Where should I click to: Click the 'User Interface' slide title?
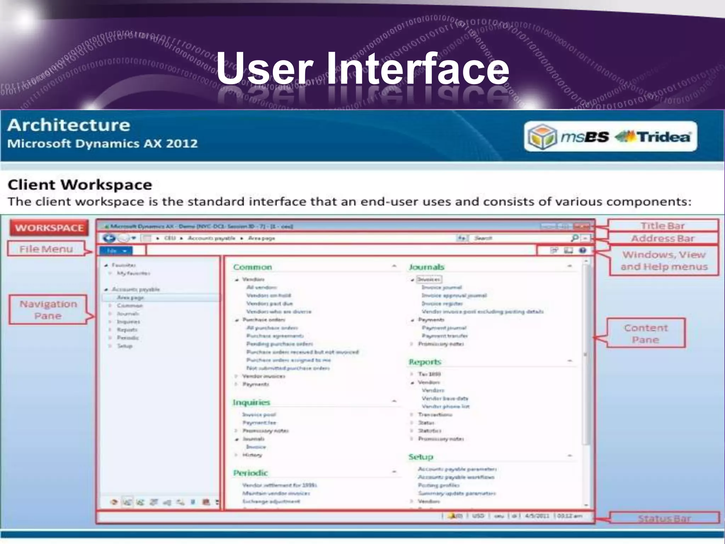pos(362,68)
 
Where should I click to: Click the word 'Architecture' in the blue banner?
pos(69,125)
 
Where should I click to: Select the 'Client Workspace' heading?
pos(80,185)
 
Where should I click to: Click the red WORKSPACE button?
pos(49,228)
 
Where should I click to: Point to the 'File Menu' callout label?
pos(46,249)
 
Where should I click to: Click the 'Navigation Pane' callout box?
pos(48,310)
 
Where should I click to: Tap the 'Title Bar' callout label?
pos(662,226)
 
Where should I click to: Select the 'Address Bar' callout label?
pos(663,238)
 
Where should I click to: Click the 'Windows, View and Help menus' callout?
pos(664,261)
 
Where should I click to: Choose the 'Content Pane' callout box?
pos(646,334)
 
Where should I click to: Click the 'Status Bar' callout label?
pos(664,518)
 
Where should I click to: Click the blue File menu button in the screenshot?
pos(115,251)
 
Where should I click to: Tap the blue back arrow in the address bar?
pos(109,238)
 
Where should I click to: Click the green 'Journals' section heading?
pos(427,267)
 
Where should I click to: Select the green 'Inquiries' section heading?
pos(251,402)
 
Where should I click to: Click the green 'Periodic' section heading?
pos(250,473)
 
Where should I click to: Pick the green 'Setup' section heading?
pos(421,457)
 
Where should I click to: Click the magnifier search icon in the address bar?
pos(575,238)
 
